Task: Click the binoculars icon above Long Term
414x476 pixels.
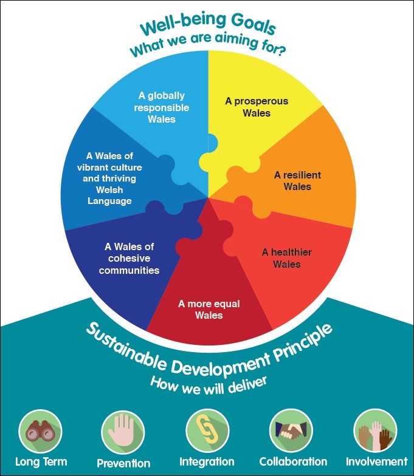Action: pos(40,431)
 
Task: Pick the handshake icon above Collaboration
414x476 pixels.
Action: pos(291,431)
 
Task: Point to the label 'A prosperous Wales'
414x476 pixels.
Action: pos(257,107)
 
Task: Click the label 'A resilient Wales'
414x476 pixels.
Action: pos(297,181)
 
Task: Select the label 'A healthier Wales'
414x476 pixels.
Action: pos(287,258)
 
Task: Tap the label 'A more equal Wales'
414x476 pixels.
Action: pos(209,310)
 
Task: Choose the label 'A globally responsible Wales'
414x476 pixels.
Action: pos(162,107)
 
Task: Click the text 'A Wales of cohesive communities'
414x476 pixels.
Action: pos(129,259)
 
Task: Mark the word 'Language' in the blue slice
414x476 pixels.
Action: pos(109,201)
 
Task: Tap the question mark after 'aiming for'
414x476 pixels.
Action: pos(281,50)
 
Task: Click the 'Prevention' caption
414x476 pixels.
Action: pos(123,463)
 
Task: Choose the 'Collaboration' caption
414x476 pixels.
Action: pos(293,461)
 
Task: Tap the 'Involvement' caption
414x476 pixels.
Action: pos(377,461)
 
